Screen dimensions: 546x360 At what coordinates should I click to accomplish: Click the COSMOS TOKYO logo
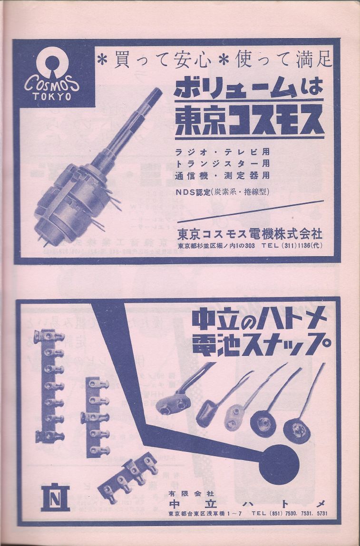coord(52,76)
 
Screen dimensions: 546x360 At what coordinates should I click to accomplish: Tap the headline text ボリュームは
coord(249,86)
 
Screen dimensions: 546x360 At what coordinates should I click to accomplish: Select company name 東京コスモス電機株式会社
coord(250,234)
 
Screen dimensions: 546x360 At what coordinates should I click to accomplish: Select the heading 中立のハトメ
coord(259,322)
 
